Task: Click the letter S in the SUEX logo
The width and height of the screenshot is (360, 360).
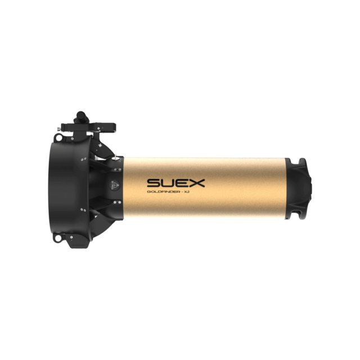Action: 154,183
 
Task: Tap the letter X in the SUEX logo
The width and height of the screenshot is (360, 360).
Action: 197,183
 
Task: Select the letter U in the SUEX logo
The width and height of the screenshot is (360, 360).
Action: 169,183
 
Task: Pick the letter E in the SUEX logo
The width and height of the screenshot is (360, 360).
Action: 183,183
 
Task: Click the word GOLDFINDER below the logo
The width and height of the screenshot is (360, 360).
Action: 164,192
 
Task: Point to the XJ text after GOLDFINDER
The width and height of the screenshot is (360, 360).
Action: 187,192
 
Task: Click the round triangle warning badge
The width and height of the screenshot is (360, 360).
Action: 115,185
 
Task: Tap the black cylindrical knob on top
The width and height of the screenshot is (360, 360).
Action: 82,116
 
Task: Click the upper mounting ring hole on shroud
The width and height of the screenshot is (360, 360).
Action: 58,138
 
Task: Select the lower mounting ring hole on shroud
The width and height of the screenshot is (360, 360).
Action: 58,238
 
